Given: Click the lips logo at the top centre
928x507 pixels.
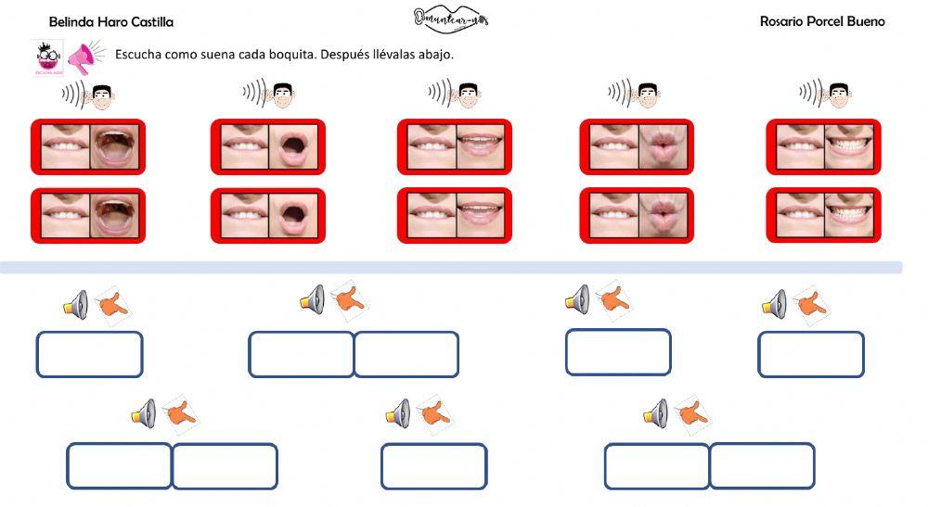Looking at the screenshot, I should tap(451, 19).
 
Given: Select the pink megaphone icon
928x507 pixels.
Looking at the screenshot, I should tap(84, 58).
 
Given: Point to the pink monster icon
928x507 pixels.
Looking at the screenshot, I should tap(45, 58).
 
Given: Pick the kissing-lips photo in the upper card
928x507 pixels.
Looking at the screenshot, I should tap(664, 146).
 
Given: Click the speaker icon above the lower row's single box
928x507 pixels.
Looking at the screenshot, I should tap(398, 413).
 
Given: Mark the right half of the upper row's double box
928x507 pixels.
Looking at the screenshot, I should tap(406, 354).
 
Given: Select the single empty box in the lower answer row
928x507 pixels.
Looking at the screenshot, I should tap(433, 466).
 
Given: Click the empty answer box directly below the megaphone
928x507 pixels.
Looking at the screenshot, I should tap(89, 354).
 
